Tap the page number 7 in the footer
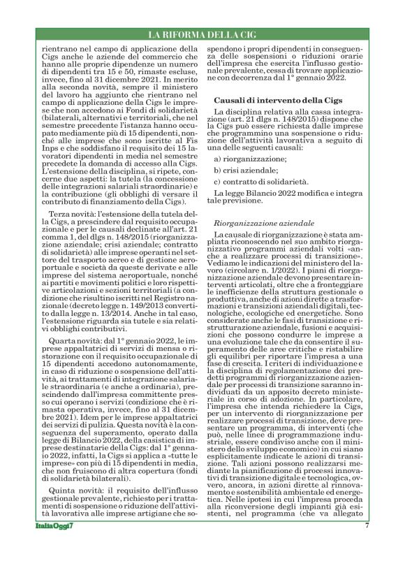(366, 544)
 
